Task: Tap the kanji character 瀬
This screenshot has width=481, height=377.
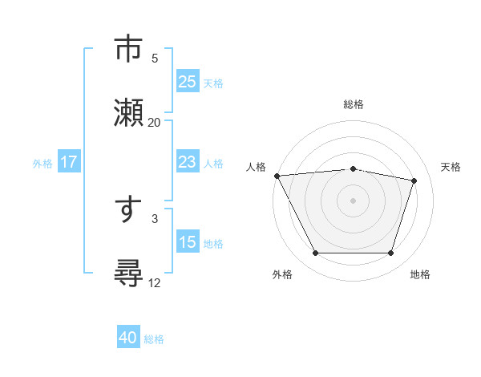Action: pos(129,111)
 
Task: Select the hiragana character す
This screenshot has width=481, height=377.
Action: pos(128,211)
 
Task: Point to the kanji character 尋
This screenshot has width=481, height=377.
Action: pos(129,274)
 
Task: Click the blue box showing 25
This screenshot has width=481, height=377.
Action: pos(187,82)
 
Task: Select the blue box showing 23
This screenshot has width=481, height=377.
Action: pos(187,162)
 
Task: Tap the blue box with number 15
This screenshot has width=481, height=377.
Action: pos(187,242)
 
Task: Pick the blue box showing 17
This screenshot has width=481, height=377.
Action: pos(69,162)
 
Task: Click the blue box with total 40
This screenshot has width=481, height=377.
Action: pos(128,338)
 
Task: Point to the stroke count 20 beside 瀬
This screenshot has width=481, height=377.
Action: pos(154,122)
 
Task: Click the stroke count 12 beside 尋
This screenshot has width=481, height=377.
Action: pos(154,282)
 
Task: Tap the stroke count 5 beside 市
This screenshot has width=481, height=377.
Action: pos(155,58)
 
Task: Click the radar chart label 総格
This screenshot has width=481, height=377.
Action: pos(353,104)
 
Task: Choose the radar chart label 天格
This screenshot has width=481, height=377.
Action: pos(451,167)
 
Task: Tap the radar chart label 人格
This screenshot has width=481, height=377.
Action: pos(257,167)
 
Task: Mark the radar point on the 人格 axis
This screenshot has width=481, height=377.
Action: pos(277,176)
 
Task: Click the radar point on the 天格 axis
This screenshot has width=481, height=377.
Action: pos(414,180)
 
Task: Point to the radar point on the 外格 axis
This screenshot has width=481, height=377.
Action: pos(315,253)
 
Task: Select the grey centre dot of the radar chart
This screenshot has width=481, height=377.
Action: pos(353,201)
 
